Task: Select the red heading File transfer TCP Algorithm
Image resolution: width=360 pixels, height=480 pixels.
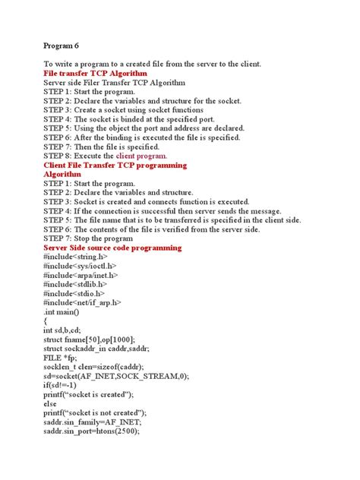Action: point(95,74)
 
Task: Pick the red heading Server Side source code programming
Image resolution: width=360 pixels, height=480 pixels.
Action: point(112,248)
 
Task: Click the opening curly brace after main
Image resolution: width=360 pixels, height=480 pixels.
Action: point(46,321)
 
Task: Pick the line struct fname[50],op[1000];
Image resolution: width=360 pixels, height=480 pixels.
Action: point(96,339)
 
